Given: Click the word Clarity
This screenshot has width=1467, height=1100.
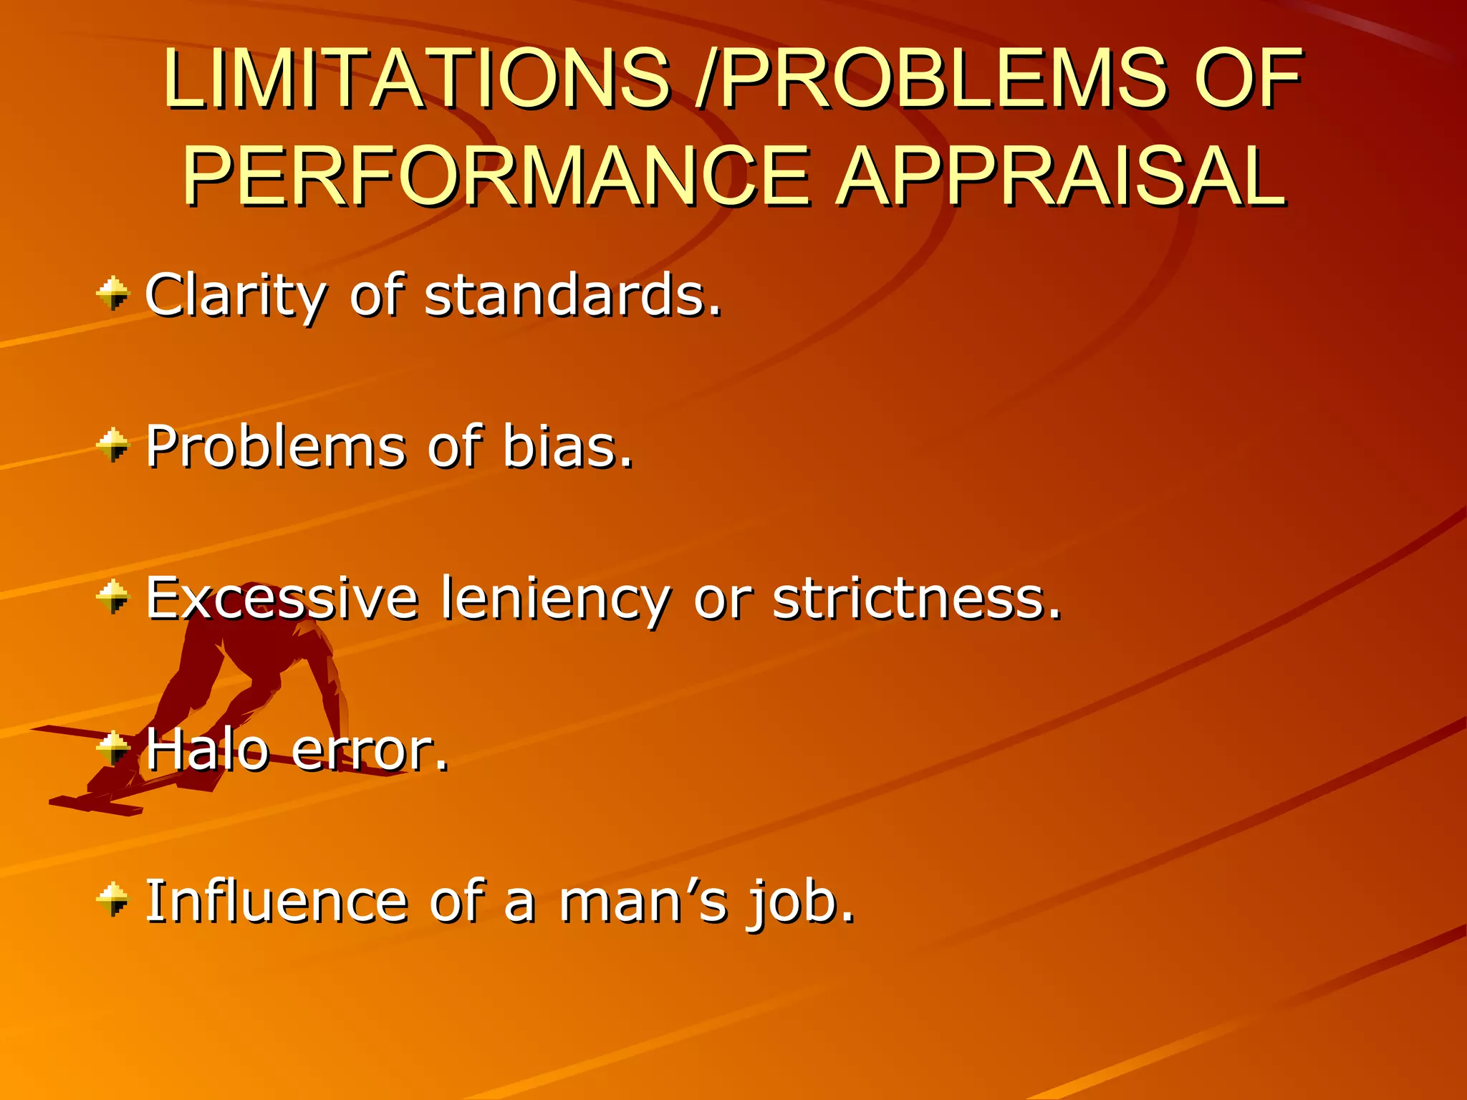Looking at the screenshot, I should (x=236, y=296).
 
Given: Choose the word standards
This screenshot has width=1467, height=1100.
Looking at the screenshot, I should (x=573, y=296).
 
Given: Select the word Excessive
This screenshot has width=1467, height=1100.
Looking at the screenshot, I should (x=282, y=598).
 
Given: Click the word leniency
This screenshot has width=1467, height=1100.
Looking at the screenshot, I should (x=556, y=599).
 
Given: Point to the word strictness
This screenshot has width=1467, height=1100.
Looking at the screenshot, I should (x=917, y=598).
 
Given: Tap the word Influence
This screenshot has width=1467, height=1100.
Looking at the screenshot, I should (x=276, y=901).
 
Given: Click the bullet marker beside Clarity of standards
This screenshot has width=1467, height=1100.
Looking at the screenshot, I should (x=113, y=294).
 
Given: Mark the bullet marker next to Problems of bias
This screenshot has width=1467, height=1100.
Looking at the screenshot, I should (x=113, y=445).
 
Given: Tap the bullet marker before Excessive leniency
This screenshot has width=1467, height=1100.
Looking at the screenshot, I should (x=113, y=597).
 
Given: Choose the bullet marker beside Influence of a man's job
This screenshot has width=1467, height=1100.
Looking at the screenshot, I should (x=113, y=899).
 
